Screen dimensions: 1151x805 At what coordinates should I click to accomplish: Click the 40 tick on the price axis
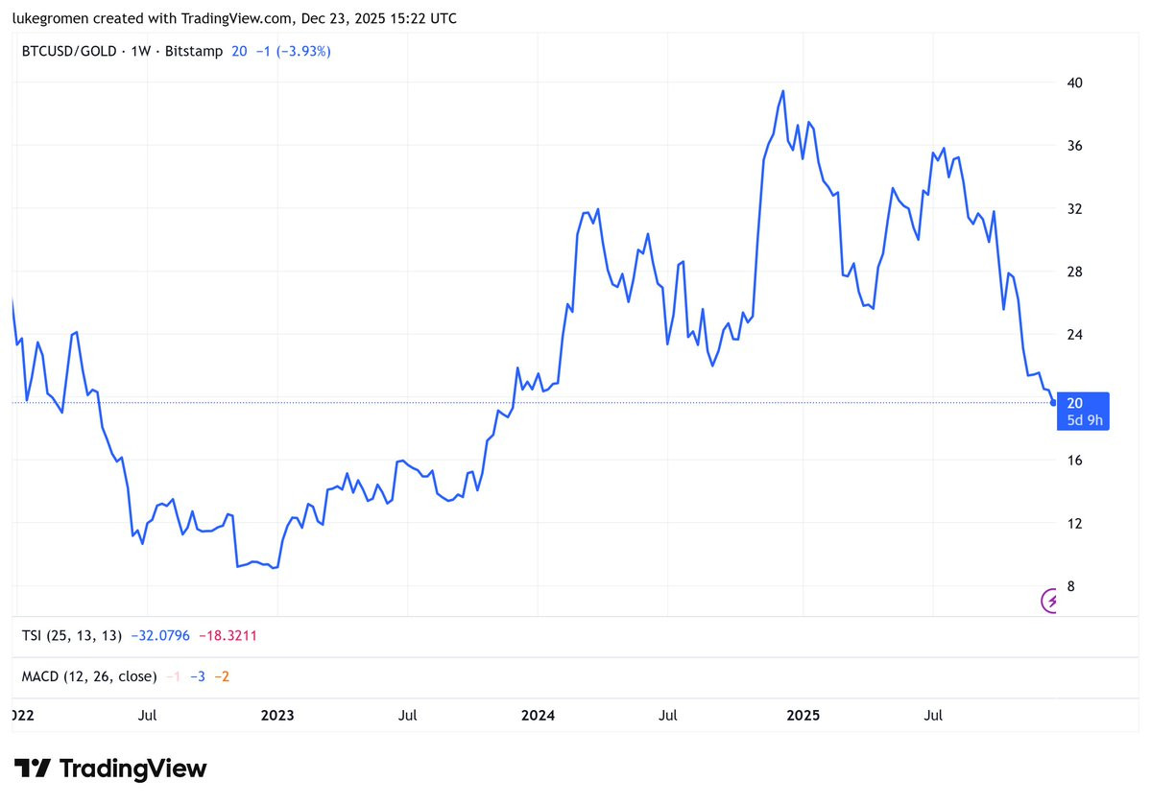point(1074,83)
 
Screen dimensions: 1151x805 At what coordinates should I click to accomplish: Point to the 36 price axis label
point(1074,146)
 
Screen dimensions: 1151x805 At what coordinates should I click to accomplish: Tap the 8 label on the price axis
point(1071,586)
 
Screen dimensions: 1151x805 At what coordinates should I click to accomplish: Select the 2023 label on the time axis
point(277,716)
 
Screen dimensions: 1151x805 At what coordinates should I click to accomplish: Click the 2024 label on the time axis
point(539,716)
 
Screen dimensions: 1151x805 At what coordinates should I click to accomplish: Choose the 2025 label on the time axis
point(803,716)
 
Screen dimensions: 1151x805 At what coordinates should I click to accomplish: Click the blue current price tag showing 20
point(1083,411)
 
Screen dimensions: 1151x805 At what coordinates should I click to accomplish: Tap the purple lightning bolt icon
point(1050,601)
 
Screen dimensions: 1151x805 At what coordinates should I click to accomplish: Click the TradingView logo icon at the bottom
point(33,769)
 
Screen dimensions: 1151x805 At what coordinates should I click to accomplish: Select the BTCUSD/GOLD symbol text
point(69,52)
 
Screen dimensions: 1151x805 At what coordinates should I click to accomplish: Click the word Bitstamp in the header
point(194,52)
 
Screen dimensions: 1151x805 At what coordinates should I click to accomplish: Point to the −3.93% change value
point(303,52)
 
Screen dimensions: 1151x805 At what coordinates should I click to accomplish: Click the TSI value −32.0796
point(160,635)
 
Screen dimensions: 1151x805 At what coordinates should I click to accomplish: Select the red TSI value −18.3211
point(228,635)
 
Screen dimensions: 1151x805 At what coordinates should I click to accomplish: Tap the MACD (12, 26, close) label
point(89,676)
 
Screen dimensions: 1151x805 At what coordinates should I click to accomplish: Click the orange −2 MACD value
point(222,676)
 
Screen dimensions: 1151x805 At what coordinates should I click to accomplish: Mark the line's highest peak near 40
point(783,91)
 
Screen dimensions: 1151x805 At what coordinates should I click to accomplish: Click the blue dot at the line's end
point(1054,403)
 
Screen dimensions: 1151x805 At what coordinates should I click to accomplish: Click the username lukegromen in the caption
point(50,18)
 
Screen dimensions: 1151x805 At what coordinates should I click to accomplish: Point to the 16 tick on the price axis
point(1074,461)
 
